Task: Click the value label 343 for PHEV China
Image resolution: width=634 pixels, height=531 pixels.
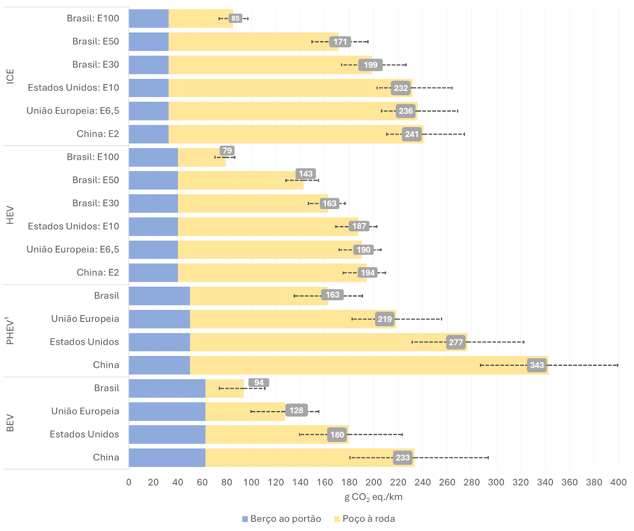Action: [537, 365]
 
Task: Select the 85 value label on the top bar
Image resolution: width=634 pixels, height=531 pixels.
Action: [235, 18]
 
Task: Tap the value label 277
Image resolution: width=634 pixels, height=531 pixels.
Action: [456, 342]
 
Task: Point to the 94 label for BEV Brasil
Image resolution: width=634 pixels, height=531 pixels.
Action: [259, 383]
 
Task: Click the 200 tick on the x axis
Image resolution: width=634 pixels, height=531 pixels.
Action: [374, 482]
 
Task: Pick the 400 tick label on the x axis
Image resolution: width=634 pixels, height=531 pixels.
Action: [618, 482]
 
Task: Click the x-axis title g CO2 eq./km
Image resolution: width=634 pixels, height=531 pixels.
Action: [373, 497]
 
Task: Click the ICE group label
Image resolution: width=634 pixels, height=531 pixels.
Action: [10, 76]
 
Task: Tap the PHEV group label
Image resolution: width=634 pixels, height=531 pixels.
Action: [10, 331]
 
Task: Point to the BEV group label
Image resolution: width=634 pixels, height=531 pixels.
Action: [10, 423]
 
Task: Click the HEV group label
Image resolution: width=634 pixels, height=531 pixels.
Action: [10, 215]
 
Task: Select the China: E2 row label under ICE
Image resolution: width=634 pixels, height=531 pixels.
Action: [98, 134]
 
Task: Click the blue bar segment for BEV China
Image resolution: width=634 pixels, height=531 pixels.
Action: [167, 458]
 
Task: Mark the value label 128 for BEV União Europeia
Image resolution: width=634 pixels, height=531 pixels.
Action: [296, 411]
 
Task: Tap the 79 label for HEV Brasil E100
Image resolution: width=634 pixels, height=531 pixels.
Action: [227, 150]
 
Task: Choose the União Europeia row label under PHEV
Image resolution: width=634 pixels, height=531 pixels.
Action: [85, 319]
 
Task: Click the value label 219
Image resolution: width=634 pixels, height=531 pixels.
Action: [385, 319]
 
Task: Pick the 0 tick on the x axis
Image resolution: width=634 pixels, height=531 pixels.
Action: [129, 482]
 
